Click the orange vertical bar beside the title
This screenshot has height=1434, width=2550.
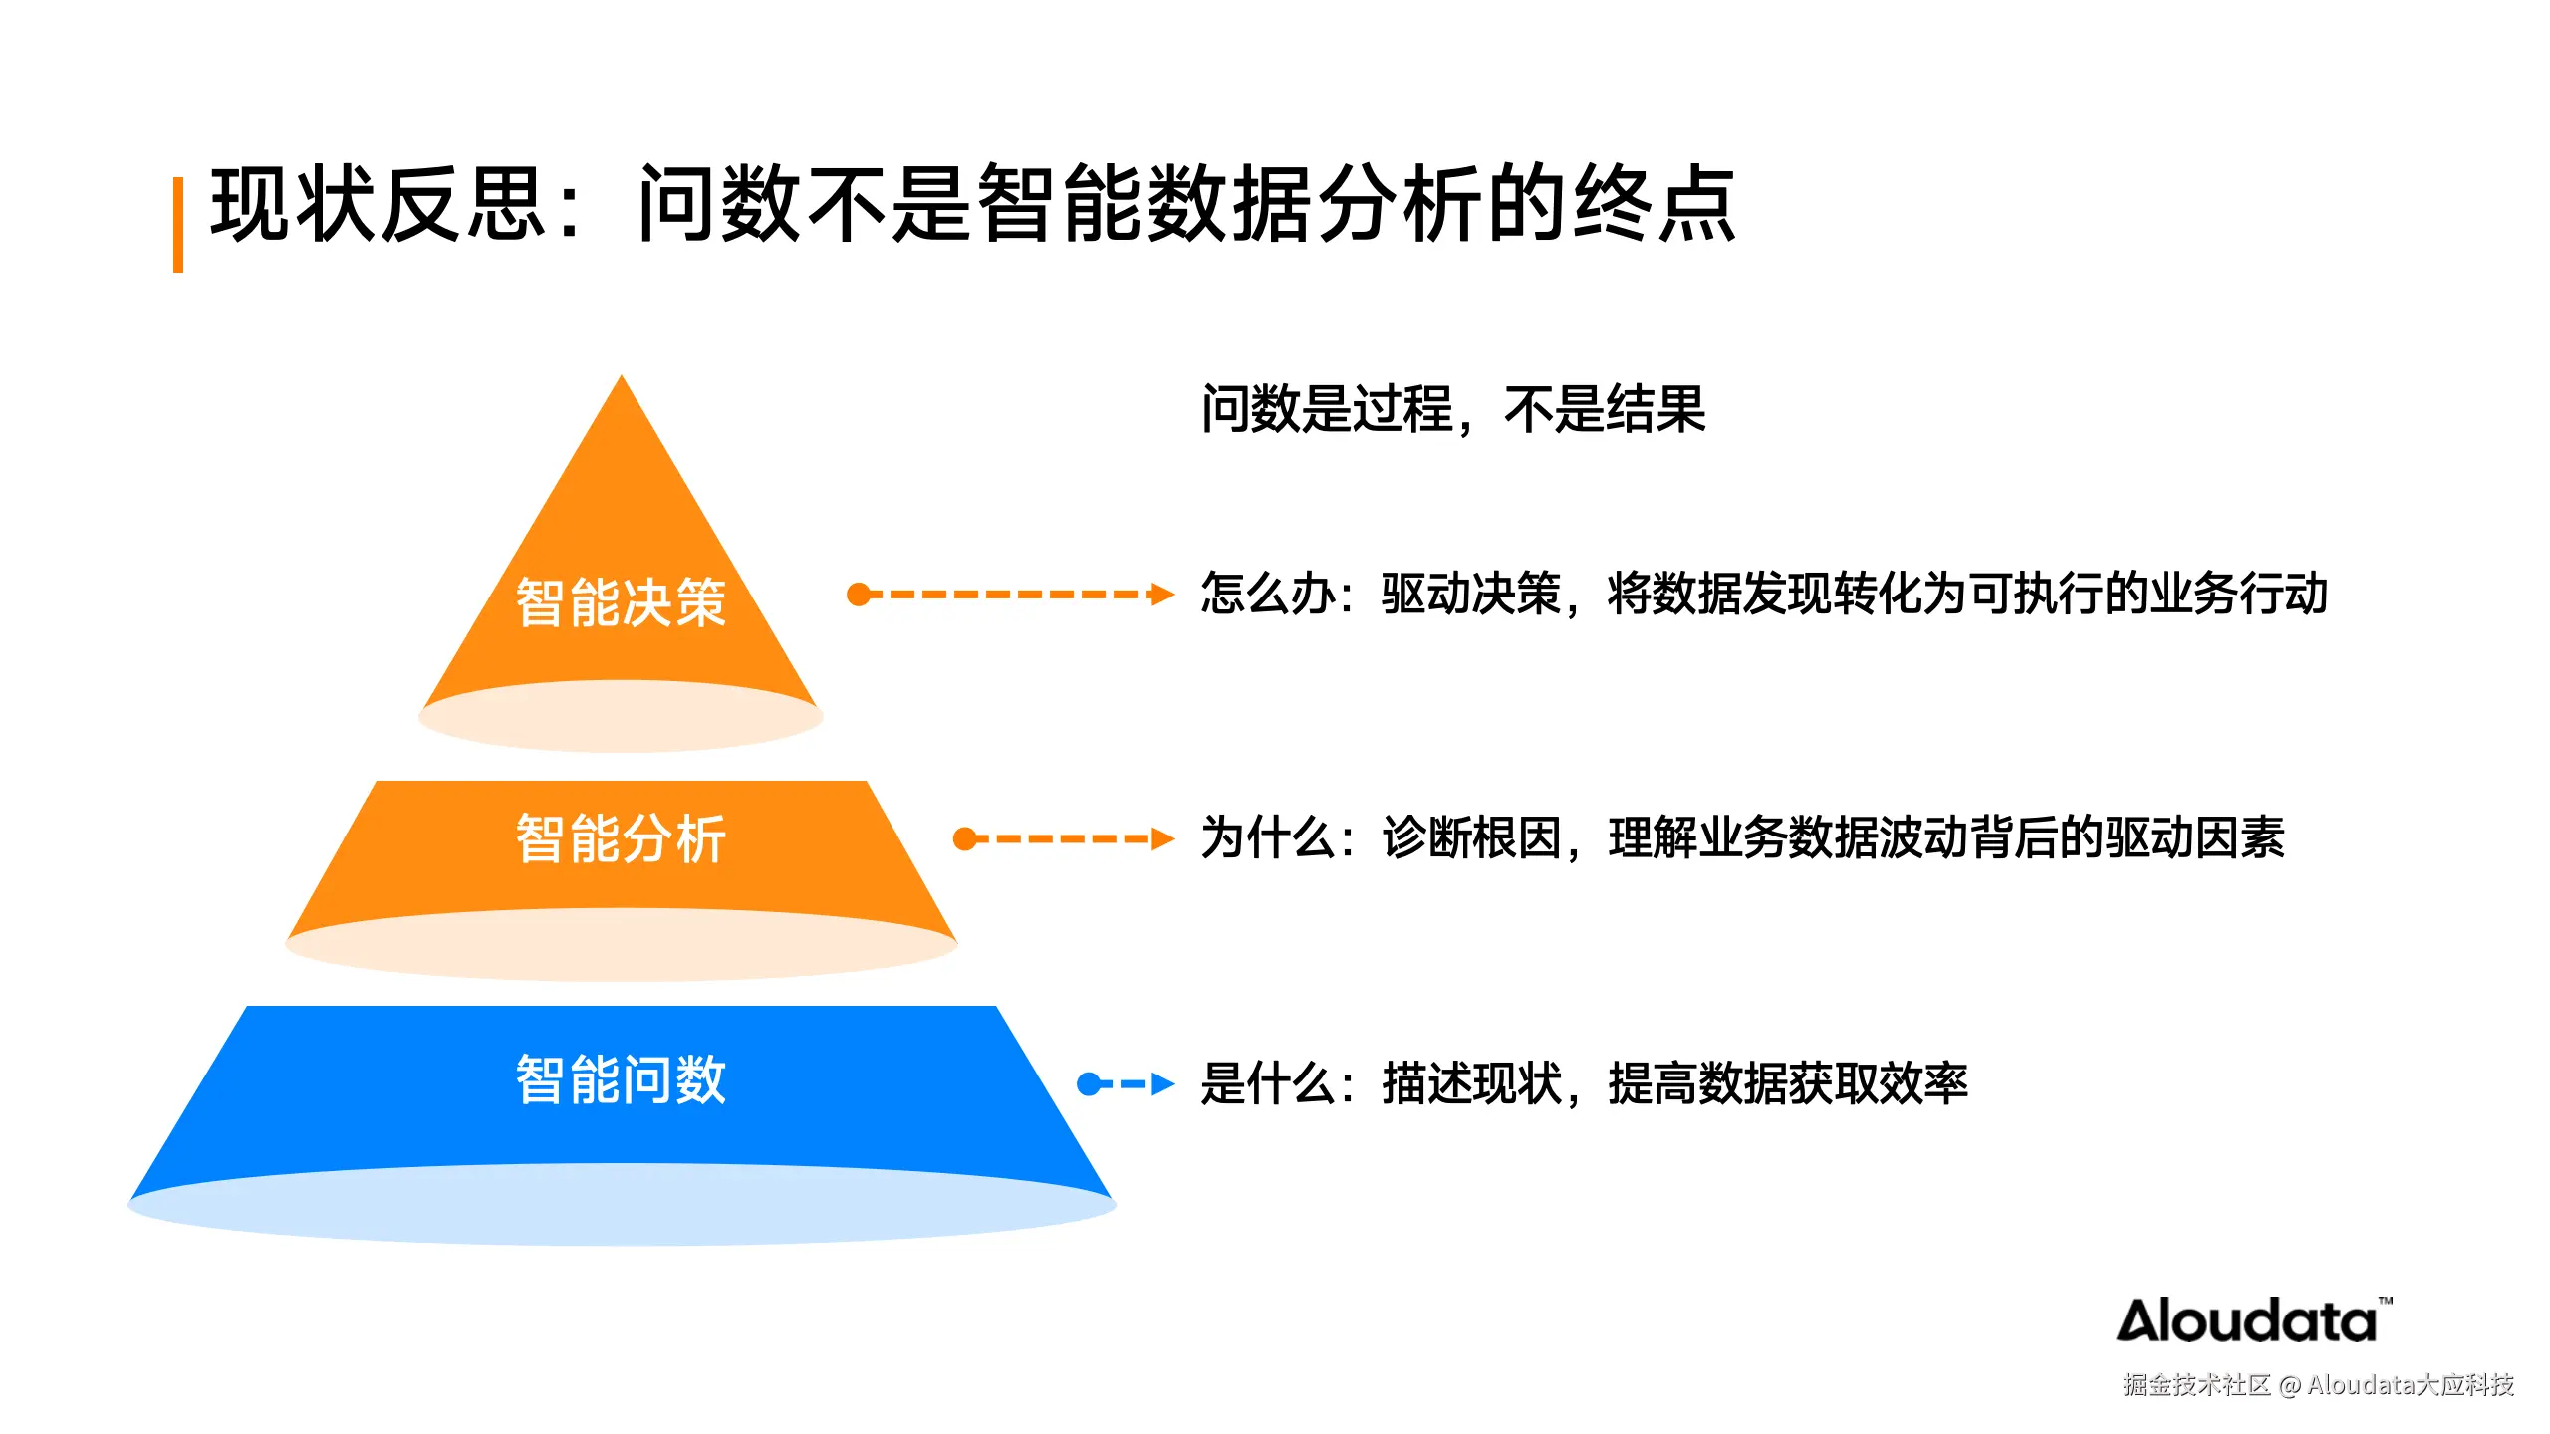pos(178,225)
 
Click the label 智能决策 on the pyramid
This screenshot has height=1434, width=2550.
pos(621,602)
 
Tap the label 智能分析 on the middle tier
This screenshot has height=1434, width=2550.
pos(621,838)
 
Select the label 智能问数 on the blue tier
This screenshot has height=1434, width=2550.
pos(621,1079)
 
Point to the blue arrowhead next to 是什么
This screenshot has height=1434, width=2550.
pos(1162,1083)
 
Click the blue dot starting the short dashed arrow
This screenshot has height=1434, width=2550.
pos(1089,1083)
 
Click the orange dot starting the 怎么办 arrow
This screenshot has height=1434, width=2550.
pos(859,595)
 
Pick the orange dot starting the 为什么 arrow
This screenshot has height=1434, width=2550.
pos(964,838)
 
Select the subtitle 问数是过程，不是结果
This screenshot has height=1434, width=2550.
pos(1453,409)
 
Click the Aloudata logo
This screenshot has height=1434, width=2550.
pos(2247,1321)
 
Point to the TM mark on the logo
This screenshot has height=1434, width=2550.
pos(2386,1301)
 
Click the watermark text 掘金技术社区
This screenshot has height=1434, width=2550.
pos(2195,1385)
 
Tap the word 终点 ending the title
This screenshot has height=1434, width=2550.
pos(1655,204)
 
